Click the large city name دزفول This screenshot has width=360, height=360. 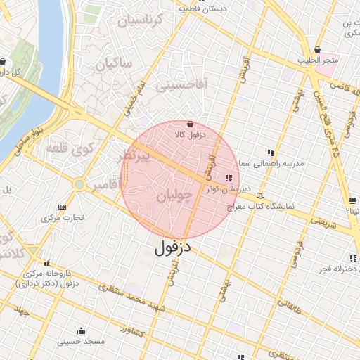pyautogui.click(x=173, y=247)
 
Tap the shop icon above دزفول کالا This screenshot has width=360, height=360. pyautogui.click(x=191, y=124)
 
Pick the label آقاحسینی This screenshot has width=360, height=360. pyautogui.click(x=181, y=86)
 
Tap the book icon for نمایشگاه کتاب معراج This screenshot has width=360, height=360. pyautogui.click(x=262, y=195)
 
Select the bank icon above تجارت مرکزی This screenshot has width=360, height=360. pyautogui.click(x=63, y=207)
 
